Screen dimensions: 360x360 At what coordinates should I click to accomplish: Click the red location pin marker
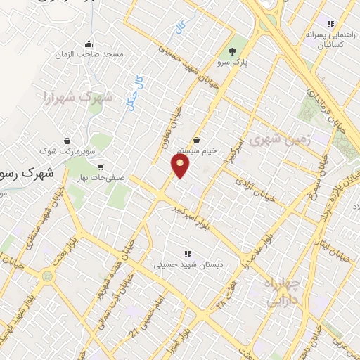coord(181,166)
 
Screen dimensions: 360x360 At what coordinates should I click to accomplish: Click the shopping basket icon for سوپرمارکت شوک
coord(67,141)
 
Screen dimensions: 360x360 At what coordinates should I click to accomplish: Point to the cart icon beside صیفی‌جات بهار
coord(102,167)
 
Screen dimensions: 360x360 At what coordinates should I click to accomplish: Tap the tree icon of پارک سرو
coord(233,51)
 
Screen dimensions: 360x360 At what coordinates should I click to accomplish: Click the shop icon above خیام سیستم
coord(196,140)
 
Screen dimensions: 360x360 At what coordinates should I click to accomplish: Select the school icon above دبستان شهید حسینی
coord(187,253)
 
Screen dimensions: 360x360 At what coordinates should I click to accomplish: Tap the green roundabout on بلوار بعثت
coord(47,276)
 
